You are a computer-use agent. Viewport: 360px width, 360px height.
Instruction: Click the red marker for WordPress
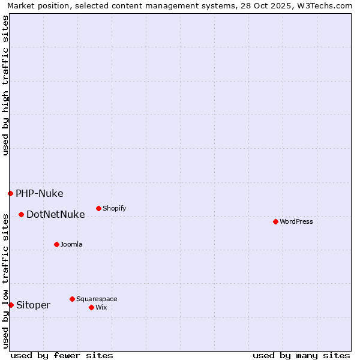[x=275, y=221]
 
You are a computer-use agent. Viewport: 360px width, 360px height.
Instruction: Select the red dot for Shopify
[x=98, y=208]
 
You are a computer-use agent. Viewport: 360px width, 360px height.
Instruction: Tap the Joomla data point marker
[x=56, y=244]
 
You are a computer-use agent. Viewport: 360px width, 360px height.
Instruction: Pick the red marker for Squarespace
[x=72, y=299]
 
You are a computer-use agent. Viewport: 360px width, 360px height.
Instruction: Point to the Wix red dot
[x=91, y=307]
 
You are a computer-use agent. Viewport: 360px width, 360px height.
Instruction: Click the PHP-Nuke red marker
[x=10, y=193]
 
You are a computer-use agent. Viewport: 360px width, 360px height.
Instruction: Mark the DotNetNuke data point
[x=21, y=214]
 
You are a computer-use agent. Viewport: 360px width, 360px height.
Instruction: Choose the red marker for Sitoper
[x=11, y=305]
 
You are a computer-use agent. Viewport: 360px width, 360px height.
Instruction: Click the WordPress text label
[x=296, y=221]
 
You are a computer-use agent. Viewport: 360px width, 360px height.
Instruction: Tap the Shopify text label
[x=114, y=208]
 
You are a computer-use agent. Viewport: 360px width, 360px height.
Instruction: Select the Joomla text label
[x=71, y=244]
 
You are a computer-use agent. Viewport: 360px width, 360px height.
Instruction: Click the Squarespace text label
[x=97, y=299]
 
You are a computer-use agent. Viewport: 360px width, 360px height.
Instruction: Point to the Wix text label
[x=101, y=307]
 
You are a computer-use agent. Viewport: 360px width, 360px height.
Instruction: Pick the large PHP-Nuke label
[x=39, y=193]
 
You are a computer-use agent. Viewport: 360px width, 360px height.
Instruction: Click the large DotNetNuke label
[x=55, y=214]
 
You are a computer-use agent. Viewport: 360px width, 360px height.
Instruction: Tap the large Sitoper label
[x=33, y=305]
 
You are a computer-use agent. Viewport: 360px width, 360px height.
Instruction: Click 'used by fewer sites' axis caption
[x=62, y=355]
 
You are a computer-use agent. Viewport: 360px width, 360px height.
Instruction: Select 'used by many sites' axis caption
[x=301, y=355]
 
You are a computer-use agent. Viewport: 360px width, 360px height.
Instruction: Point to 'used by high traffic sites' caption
[x=6, y=85]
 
